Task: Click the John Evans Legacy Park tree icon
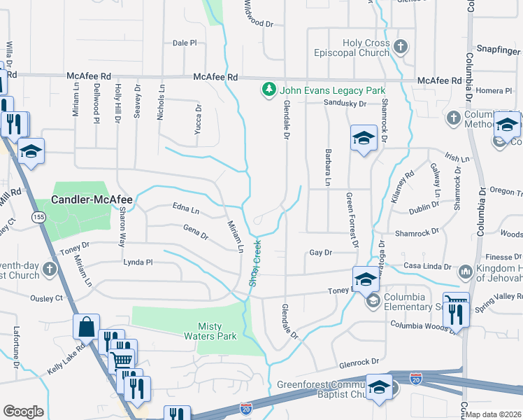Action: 268,90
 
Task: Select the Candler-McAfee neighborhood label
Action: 93,199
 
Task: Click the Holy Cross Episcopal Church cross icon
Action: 401,48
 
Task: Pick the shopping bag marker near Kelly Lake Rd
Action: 86,327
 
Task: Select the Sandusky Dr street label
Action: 345,104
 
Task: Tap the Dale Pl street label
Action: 185,43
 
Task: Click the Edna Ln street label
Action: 186,209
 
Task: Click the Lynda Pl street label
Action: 138,262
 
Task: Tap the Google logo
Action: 23,411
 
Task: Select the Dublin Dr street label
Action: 424,206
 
